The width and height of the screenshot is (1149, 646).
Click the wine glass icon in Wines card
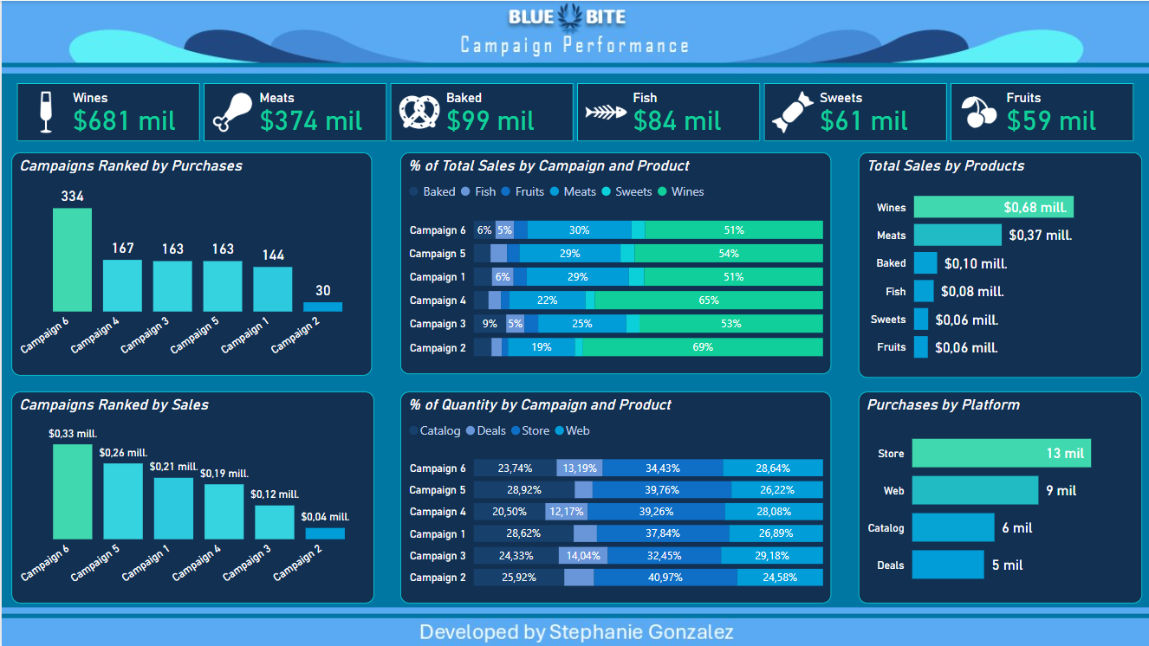pyautogui.click(x=46, y=113)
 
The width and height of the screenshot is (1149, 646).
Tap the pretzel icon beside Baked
pyautogui.click(x=419, y=112)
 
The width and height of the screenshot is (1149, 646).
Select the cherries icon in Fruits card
pyautogui.click(x=980, y=112)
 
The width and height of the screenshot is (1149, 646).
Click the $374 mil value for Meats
pyautogui.click(x=311, y=120)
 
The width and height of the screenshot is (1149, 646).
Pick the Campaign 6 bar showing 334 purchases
pyautogui.click(x=72, y=259)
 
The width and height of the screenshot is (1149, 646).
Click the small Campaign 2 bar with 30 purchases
pyautogui.click(x=322, y=307)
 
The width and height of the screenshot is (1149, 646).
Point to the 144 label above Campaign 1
pyautogui.click(x=272, y=255)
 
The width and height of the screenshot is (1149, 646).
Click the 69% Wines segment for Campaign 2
pyautogui.click(x=703, y=347)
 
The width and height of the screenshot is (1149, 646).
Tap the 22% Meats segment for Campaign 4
pyautogui.click(x=547, y=300)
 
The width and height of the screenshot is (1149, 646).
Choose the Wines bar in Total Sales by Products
pyautogui.click(x=993, y=207)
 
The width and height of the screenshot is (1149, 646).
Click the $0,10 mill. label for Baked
pyautogui.click(x=975, y=263)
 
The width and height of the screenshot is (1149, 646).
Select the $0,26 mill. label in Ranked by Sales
pyautogui.click(x=123, y=453)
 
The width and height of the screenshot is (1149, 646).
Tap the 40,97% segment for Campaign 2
pyautogui.click(x=665, y=578)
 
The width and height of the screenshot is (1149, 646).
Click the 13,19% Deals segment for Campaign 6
pyautogui.click(x=580, y=468)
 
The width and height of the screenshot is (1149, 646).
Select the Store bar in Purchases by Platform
pyautogui.click(x=1001, y=453)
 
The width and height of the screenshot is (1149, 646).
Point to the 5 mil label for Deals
pyautogui.click(x=1007, y=565)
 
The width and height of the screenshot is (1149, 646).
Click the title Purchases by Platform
pyautogui.click(x=943, y=404)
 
